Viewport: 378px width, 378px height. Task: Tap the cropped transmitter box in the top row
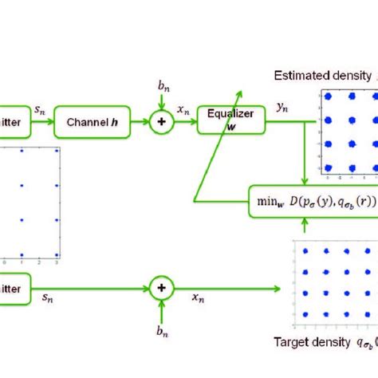point(12,122)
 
